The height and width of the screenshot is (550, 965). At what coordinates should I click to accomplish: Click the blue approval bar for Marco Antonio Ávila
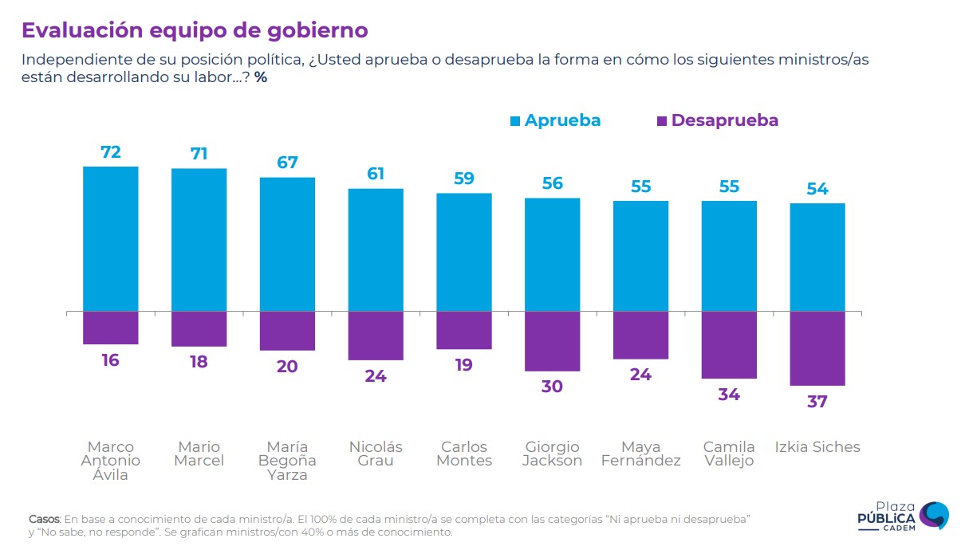coord(111,238)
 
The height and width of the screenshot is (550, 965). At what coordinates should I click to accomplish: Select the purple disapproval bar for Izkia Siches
coord(817,348)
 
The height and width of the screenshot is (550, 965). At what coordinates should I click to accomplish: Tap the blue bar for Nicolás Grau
coord(376,249)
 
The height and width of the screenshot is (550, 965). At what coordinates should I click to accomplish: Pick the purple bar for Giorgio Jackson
coord(552,341)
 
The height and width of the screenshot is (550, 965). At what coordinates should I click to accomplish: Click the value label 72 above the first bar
coord(111,151)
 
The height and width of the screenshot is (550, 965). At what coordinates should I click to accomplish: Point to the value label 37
coord(817,402)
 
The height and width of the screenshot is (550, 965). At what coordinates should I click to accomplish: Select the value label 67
coord(287,163)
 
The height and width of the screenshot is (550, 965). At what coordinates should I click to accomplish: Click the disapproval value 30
coord(552,387)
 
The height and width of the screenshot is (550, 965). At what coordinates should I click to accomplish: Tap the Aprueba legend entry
coord(555,120)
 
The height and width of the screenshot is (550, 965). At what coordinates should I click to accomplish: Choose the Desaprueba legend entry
coord(717,120)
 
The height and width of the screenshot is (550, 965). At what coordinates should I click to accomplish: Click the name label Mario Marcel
coord(199,454)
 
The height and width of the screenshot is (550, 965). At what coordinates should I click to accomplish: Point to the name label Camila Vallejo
coord(728,454)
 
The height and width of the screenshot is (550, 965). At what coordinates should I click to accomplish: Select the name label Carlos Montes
coord(464,454)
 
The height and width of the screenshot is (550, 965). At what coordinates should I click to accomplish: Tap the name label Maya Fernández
coord(640,454)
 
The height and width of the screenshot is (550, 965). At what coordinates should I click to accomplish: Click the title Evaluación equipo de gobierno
coord(195,30)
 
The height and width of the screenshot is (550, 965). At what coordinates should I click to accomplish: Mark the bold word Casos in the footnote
coord(44,519)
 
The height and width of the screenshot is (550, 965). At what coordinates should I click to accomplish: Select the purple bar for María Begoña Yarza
coord(287,331)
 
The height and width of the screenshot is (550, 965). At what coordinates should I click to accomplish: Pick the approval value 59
coord(464,179)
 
